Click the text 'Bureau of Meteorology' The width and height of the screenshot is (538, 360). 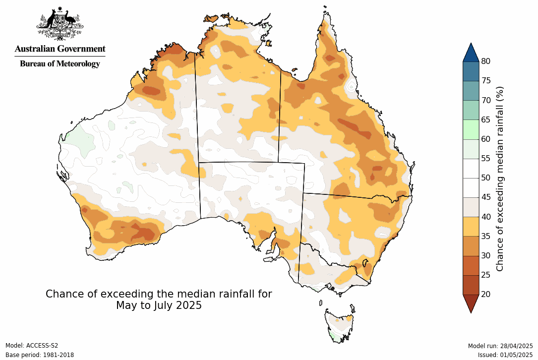(60, 63)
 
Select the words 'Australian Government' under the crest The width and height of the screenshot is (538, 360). (60, 49)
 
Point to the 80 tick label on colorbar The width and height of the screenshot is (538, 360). (486, 61)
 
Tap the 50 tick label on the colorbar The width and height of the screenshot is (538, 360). (486, 178)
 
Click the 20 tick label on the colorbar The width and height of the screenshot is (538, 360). (486, 294)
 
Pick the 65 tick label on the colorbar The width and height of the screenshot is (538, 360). (486, 120)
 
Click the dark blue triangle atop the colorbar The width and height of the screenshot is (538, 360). (471, 53)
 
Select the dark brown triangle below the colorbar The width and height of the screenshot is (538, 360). (471, 303)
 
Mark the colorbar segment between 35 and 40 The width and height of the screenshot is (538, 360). (471, 226)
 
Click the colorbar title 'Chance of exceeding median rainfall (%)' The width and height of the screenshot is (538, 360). (500, 179)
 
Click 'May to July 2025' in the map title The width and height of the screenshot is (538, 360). (159, 305)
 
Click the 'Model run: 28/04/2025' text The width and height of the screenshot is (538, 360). (500, 346)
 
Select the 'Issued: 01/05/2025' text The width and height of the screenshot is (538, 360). (505, 355)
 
